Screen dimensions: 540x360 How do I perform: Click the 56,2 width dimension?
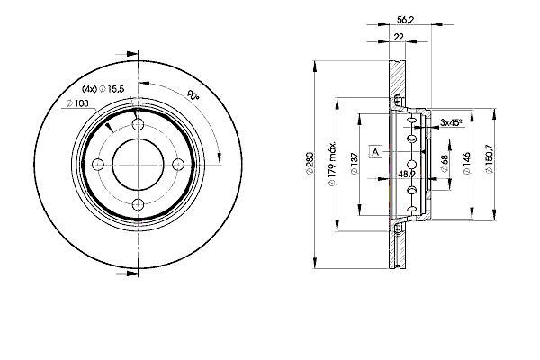tap(405, 20)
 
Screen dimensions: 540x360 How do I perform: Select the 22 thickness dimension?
tap(399, 37)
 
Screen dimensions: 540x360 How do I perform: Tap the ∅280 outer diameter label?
tap(310, 165)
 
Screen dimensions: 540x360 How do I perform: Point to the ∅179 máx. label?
tap(331, 164)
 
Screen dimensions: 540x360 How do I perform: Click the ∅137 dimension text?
tap(355, 164)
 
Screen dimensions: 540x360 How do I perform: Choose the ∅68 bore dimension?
tap(445, 163)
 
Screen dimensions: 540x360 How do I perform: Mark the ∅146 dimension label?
tap(466, 163)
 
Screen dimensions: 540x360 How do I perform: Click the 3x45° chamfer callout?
tap(451, 122)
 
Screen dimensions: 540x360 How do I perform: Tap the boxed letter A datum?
tap(375, 151)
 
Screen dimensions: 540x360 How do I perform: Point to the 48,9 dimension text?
tap(407, 175)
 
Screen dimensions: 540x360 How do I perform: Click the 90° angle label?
tap(193, 95)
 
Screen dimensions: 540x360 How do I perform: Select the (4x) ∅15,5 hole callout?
tap(103, 89)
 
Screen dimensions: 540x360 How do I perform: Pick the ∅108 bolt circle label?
tap(77, 103)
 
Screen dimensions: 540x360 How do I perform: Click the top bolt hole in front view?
tap(138, 124)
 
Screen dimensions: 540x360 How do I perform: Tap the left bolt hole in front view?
tap(98, 165)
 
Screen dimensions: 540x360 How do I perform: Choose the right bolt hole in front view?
tap(178, 165)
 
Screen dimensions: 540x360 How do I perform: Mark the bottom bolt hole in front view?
tap(138, 204)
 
